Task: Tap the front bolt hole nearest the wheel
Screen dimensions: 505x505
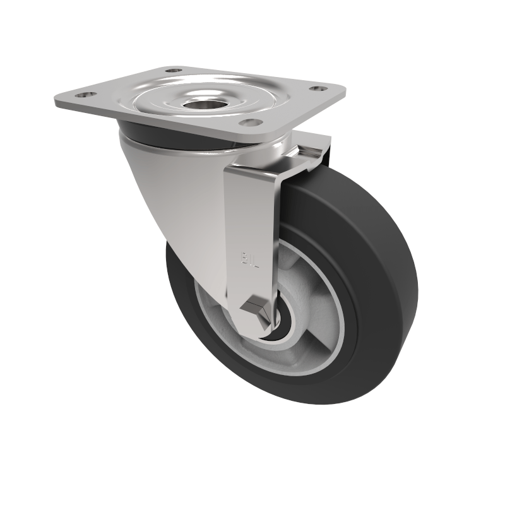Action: click(x=250, y=122)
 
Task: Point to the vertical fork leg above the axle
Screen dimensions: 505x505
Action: click(x=252, y=227)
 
